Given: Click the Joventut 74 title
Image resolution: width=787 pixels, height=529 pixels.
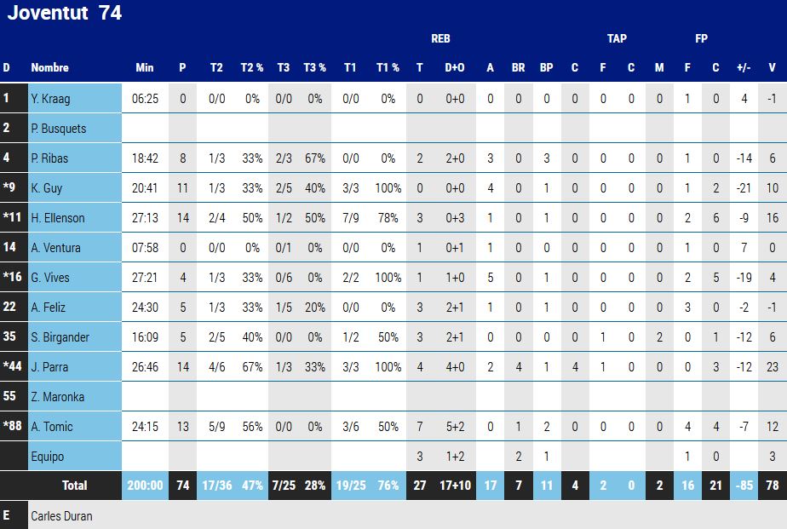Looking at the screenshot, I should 64,13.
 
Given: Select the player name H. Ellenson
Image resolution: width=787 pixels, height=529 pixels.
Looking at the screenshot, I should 58,218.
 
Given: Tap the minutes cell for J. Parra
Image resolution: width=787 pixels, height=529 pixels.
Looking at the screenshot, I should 145,367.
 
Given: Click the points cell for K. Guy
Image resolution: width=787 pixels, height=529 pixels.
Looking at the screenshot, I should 182,188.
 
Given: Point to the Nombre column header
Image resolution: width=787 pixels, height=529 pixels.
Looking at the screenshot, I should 49,68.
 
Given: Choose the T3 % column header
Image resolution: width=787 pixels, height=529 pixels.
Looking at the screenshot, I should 315,68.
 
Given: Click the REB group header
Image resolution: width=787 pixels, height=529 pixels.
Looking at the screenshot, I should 440,38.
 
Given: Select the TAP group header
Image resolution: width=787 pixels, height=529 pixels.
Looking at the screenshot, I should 617,38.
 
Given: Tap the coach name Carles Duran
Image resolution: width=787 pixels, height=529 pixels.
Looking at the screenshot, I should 61,516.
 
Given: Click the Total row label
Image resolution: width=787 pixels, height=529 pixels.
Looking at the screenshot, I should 74,486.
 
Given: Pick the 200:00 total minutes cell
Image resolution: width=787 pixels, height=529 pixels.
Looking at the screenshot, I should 145,486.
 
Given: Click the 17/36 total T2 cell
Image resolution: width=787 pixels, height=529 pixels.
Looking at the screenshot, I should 216,486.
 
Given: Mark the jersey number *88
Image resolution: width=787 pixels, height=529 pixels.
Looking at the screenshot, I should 13,427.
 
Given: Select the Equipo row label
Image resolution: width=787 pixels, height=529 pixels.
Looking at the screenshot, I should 47,457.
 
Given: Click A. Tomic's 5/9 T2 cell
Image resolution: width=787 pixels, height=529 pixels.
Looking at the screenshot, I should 216,427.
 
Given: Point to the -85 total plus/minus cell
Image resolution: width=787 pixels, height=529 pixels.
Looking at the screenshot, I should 744,486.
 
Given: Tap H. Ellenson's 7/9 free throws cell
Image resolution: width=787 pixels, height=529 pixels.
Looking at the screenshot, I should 350,218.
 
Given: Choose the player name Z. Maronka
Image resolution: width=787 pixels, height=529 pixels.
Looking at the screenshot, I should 57,397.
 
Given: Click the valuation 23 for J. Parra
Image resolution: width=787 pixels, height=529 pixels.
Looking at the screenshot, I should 772,367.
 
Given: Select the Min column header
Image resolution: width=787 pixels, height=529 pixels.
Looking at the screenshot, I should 145,68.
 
